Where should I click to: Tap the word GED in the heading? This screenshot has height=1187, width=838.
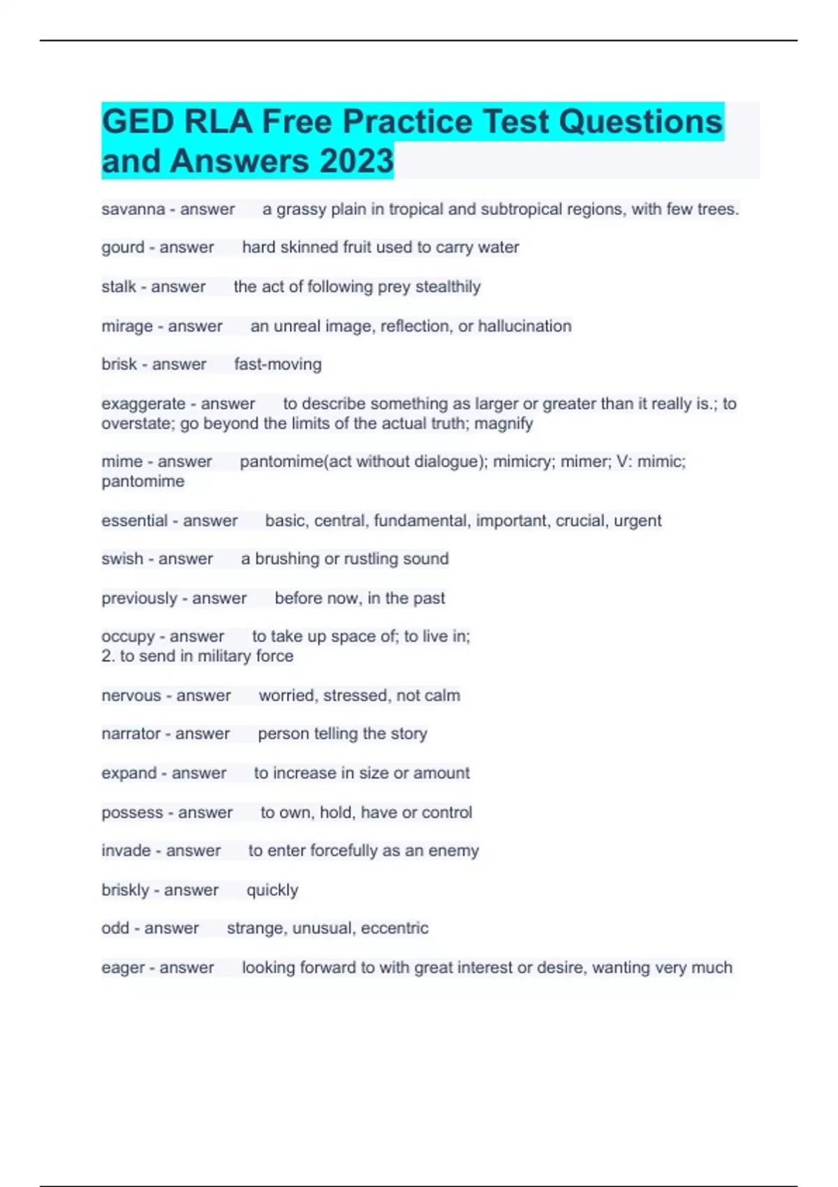point(138,122)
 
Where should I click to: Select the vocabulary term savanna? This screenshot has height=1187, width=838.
point(133,209)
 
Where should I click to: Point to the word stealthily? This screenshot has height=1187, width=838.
point(448,287)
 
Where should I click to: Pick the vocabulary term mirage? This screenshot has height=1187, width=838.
point(127,326)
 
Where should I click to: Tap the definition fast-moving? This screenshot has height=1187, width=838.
point(277,364)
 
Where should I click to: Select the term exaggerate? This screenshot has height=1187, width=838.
point(143,404)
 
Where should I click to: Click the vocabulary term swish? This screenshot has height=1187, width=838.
point(122,559)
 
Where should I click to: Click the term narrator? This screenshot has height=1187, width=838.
point(131,734)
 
